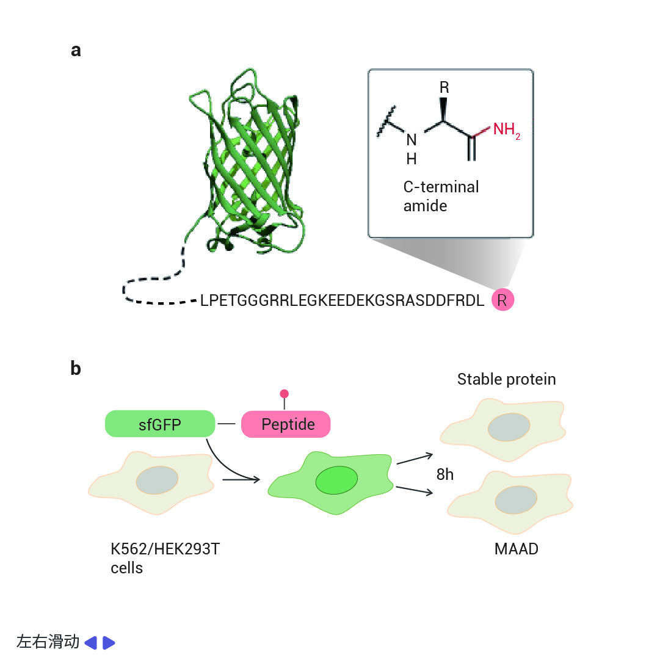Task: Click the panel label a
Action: (76, 51)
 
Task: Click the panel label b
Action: (76, 368)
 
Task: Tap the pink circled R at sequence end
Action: (502, 300)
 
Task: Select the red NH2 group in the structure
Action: (506, 130)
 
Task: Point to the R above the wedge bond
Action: (444, 87)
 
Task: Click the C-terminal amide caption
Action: (441, 196)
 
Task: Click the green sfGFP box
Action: (160, 424)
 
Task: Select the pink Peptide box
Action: (286, 424)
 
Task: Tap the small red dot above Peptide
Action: (284, 394)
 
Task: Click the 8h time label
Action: (445, 474)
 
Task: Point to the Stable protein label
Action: (506, 379)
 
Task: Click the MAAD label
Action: (517, 549)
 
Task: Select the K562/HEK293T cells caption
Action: (165, 558)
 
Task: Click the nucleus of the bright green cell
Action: (337, 480)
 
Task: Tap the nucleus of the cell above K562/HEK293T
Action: (157, 480)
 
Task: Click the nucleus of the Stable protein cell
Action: (509, 427)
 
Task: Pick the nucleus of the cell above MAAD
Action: (516, 499)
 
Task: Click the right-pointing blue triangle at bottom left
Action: (108, 643)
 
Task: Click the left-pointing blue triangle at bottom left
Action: (91, 643)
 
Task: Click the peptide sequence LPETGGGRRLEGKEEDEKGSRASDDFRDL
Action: (342, 300)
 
